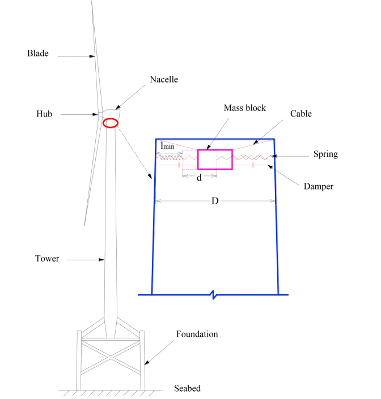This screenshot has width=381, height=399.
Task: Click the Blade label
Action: pyautogui.click(x=38, y=54)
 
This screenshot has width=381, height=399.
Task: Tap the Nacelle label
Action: pyautogui.click(x=164, y=80)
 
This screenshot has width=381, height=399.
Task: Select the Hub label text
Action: pyautogui.click(x=44, y=114)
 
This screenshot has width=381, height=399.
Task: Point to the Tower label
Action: pyautogui.click(x=47, y=259)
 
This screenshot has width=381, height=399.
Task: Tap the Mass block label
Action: pyautogui.click(x=244, y=108)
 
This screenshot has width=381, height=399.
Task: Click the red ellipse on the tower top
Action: pyautogui.click(x=111, y=123)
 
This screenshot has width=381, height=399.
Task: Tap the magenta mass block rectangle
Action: pyautogui.click(x=215, y=160)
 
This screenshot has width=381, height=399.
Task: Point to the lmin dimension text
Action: pyautogui.click(x=167, y=145)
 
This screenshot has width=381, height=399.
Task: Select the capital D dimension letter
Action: pyautogui.click(x=215, y=202)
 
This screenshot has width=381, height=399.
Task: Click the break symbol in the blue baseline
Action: pyautogui.click(x=213, y=295)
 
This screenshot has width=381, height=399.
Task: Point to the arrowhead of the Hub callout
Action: pyautogui.click(x=97, y=115)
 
